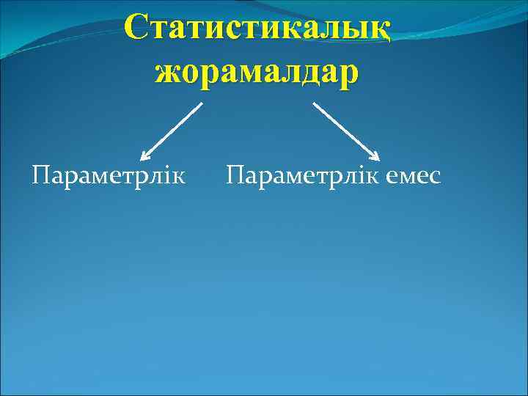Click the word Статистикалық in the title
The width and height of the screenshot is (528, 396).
[x=257, y=29]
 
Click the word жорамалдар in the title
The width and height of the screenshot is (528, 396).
[x=257, y=73]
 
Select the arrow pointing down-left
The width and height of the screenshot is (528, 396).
[x=172, y=131]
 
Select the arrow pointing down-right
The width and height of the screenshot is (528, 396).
[x=346, y=131]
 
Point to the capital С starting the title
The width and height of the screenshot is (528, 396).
[x=138, y=29]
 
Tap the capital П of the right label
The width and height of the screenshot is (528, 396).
[x=236, y=176]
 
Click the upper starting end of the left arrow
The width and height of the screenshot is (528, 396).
[x=201, y=103]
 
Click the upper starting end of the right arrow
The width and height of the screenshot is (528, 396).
[x=315, y=103]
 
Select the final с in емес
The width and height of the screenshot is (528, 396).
[x=435, y=177]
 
